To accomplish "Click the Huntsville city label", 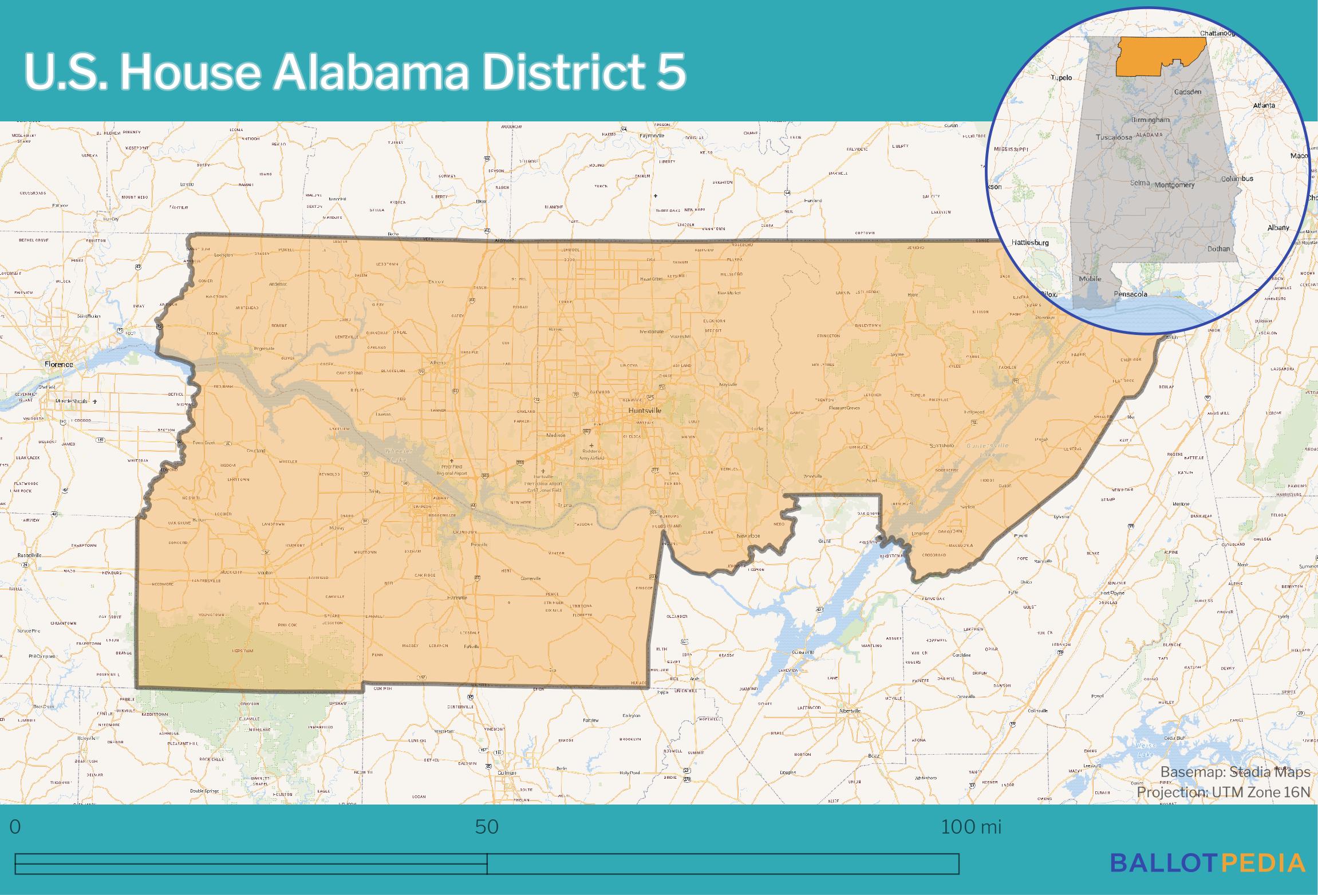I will pyautogui.click(x=644, y=411).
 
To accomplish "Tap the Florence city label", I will pyautogui.click(x=58, y=364).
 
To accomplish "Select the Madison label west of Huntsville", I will pyautogui.click(x=555, y=435).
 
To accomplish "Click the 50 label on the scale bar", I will pyautogui.click(x=487, y=827).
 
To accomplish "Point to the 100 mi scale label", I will pyautogui.click(x=971, y=827).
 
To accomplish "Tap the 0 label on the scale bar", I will pyautogui.click(x=15, y=827).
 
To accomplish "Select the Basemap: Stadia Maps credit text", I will pyautogui.click(x=1235, y=772).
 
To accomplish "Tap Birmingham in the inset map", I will pyautogui.click(x=1150, y=120).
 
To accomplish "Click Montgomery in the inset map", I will pyautogui.click(x=1174, y=185).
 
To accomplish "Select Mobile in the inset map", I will pyautogui.click(x=1090, y=279).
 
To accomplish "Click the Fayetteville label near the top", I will pyautogui.click(x=652, y=136).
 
